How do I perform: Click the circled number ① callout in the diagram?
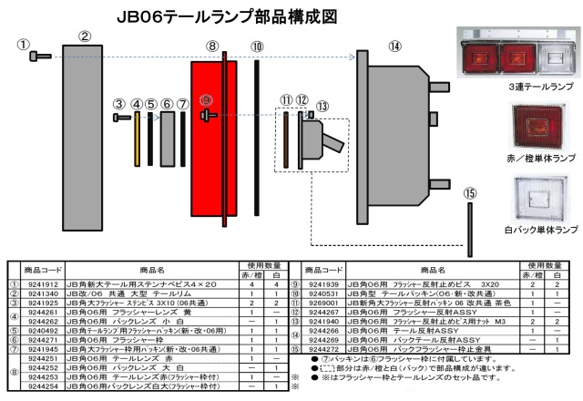point(24,44)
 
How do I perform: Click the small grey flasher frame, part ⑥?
point(168,134)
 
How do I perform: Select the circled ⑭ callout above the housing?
point(394,46)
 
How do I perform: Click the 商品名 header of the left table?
point(151,271)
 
